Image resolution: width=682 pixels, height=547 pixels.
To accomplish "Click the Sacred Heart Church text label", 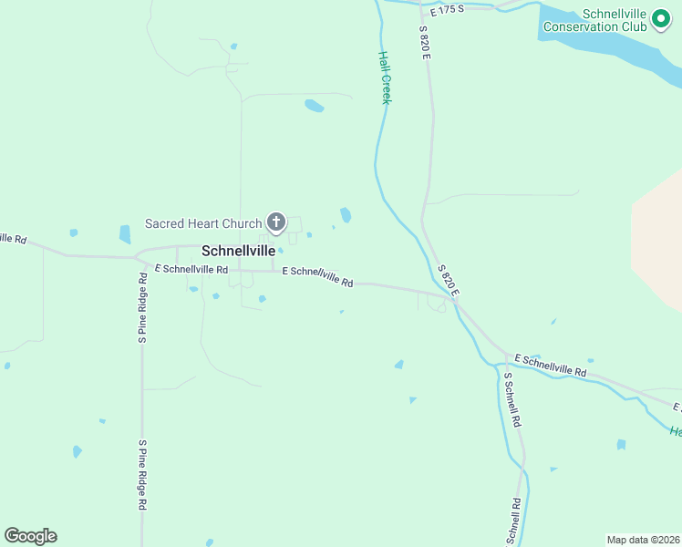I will point(203,223).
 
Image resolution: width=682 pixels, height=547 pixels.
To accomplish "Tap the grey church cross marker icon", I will point(275,222).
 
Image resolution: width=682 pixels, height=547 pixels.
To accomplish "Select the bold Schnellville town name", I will point(238,250).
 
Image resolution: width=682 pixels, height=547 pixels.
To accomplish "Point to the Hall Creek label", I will point(385,77).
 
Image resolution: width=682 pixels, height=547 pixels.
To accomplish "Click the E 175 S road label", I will point(447,8).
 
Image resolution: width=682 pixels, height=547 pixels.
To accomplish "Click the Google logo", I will point(31,536).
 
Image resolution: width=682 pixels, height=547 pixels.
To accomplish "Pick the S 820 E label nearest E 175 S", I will point(424,42).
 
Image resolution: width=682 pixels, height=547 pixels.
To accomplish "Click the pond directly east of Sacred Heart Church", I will point(346,215).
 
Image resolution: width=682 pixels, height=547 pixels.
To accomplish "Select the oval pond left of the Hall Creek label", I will point(314,106).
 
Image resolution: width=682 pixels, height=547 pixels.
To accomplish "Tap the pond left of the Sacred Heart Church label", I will point(125,234).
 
